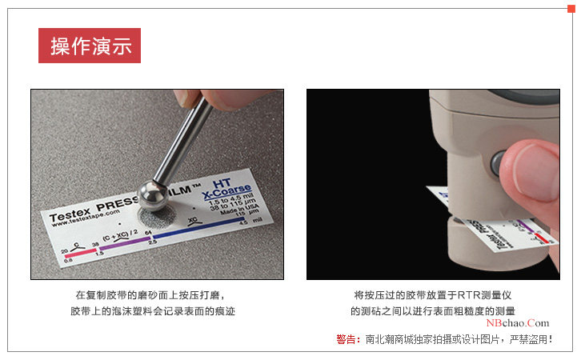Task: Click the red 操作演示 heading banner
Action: click(x=90, y=46)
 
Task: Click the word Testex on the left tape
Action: click(x=70, y=214)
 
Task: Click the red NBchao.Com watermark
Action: click(x=523, y=322)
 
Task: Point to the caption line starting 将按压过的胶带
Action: click(x=433, y=294)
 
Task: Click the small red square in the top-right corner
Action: click(x=571, y=8)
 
